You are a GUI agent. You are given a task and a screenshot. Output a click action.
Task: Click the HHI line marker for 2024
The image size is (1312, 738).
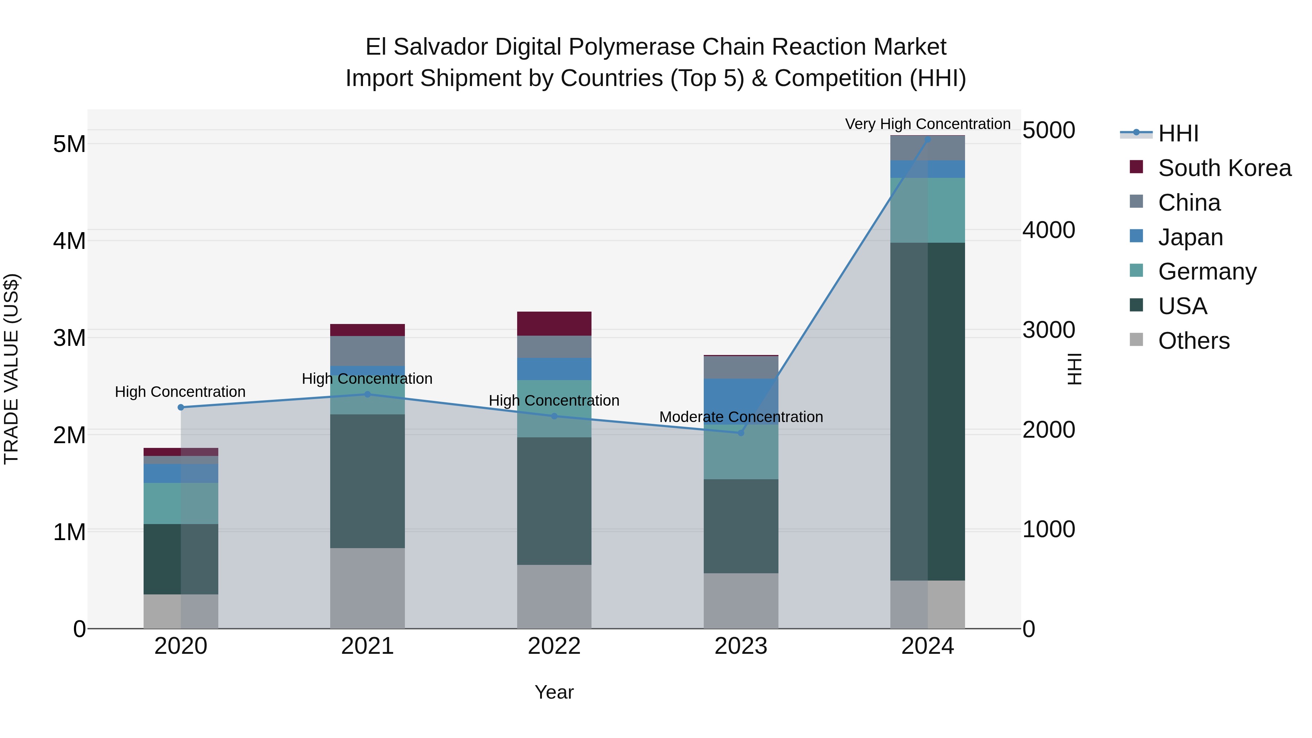point(928,140)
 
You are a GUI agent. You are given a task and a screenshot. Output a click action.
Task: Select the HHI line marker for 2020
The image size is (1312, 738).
point(181,407)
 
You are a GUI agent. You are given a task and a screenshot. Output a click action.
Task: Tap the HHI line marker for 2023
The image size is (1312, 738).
point(741,433)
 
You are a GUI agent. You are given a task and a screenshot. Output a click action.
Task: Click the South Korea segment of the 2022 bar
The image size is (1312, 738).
point(554,323)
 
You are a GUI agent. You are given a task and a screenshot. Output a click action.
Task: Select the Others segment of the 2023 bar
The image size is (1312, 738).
point(741,601)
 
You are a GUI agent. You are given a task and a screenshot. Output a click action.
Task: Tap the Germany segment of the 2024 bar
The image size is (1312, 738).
point(928,210)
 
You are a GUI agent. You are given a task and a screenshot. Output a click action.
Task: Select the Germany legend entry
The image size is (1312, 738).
point(1207,272)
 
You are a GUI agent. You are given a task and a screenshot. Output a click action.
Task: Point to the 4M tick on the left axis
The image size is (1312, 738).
point(69,241)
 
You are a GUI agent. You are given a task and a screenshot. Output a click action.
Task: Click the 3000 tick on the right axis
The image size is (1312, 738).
point(1049,330)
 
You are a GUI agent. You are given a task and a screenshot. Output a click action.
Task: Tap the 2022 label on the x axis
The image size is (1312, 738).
point(554,646)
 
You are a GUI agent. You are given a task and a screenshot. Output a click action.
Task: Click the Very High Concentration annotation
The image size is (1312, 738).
point(928,124)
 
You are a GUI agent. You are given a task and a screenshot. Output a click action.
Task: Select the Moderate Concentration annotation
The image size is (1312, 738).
point(741,417)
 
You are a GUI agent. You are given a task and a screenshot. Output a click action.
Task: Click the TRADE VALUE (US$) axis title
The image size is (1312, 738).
point(11,369)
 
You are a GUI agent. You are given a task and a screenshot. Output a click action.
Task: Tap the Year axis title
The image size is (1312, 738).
point(554,692)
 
